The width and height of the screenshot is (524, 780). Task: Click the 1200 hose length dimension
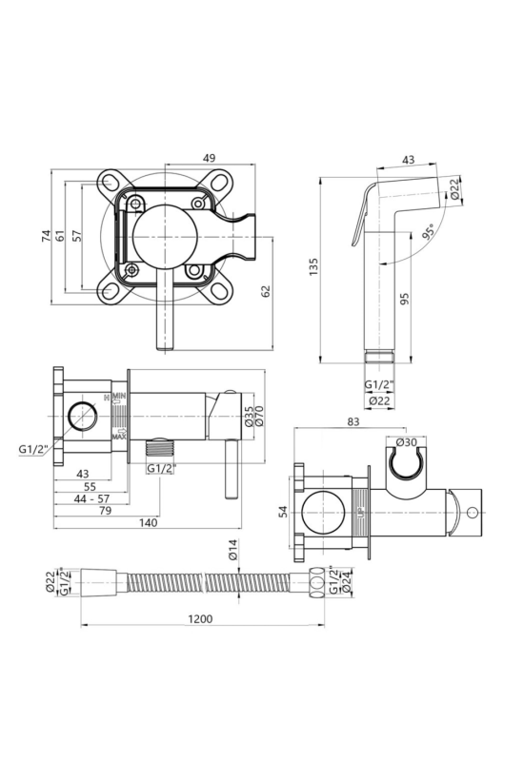(200, 619)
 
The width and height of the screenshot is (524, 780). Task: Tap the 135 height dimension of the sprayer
(313, 267)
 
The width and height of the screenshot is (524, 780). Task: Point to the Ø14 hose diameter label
(233, 549)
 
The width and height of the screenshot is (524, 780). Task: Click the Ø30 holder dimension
(407, 442)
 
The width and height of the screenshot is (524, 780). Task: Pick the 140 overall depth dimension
(148, 522)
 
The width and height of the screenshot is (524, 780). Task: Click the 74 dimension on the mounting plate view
(46, 235)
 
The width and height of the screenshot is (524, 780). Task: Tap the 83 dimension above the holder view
(353, 421)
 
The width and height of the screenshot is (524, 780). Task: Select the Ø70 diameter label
(259, 416)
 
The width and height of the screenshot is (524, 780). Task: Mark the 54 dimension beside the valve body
(283, 512)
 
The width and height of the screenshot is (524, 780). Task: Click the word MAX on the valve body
(118, 437)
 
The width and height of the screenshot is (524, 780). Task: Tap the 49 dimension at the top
(210, 158)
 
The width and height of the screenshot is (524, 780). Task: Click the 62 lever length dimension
(266, 291)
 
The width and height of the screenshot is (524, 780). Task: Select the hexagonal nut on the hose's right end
(316, 581)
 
